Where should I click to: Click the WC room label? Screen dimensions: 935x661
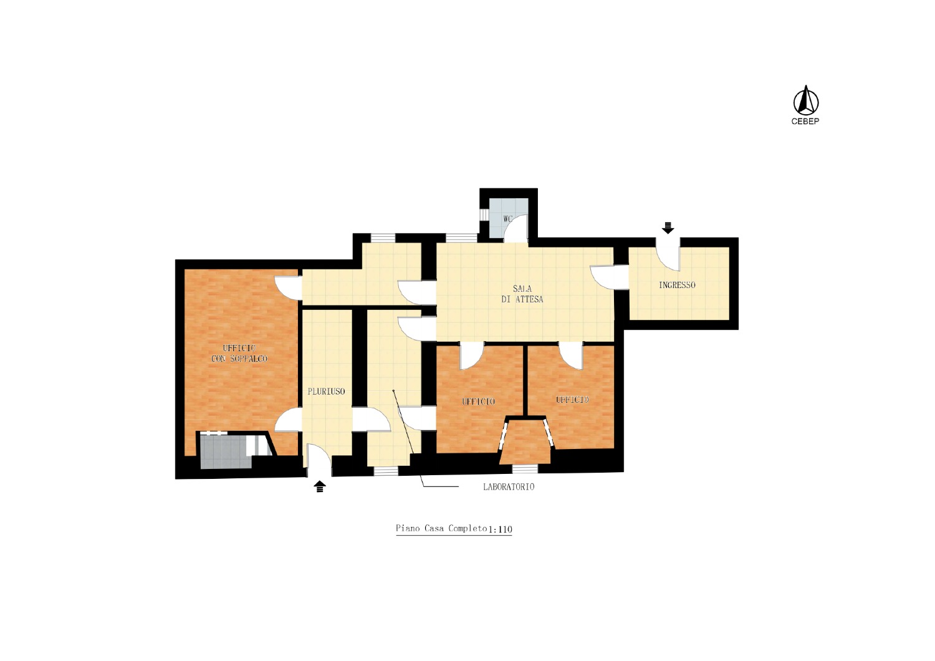pos(507,220)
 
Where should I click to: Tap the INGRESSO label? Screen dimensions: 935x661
pos(677,285)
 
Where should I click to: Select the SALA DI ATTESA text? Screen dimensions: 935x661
pos(522,294)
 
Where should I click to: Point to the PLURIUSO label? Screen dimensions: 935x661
pos(327,392)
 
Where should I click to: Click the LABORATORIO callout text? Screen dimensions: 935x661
pos(509,487)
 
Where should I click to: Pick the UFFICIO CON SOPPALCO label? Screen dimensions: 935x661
pos(239,353)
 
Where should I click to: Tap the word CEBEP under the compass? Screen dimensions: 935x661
pos(805,122)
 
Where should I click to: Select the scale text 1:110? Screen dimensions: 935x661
pos(500,529)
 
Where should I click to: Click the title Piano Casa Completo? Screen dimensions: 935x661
pos(441,528)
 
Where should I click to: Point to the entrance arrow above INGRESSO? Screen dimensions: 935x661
pos(668,228)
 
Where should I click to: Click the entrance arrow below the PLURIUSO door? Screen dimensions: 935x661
pos(320,486)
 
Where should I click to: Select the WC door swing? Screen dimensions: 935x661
pos(515,228)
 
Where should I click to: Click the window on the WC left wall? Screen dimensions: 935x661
pos(484,215)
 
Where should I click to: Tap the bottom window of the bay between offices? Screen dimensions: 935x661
pos(525,469)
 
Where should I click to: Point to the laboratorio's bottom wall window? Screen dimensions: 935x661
pos(386,471)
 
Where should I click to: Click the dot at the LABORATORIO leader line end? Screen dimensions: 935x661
pos(393,391)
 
